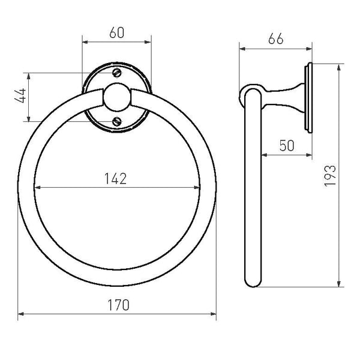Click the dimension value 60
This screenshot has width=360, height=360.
[x=116, y=32]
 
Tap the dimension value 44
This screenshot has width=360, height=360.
[x=20, y=95]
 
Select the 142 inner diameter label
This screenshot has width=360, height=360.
[x=115, y=179]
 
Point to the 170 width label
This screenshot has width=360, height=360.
[x=118, y=305]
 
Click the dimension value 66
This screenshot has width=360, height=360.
[x=276, y=39]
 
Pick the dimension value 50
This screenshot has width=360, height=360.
[x=287, y=146]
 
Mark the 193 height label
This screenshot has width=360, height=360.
[x=330, y=176]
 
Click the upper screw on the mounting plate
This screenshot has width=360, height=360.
[x=117, y=73]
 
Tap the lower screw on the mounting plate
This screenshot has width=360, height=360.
[x=117, y=121]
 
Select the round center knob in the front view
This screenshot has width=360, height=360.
[x=117, y=97]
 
